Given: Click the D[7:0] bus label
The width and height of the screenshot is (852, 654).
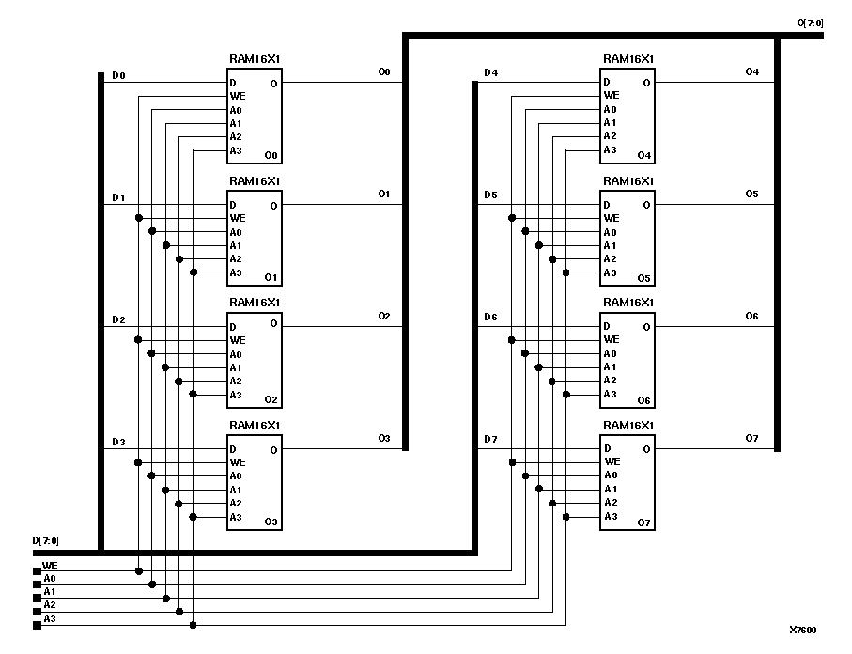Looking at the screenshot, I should (45, 540).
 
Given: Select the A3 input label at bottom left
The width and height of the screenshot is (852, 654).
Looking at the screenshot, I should (50, 618).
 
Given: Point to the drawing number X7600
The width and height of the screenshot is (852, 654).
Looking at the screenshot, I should (804, 631).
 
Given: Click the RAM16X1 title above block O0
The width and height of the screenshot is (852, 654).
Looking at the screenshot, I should (255, 58).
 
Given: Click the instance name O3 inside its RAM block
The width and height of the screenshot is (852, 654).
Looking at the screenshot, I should (271, 522).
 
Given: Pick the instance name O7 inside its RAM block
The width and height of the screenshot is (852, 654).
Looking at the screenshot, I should (643, 522).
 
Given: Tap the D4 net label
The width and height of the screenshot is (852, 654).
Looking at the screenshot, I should (490, 72).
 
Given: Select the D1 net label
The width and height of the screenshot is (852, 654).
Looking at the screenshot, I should (118, 197).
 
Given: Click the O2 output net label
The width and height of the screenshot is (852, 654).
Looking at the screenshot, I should (383, 317).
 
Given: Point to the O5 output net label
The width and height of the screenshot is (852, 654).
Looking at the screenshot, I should (751, 194).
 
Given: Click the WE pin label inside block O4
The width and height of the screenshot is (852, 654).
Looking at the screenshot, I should (612, 95).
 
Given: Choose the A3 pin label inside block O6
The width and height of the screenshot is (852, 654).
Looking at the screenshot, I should (611, 394).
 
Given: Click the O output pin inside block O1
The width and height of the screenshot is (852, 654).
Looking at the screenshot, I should (273, 205).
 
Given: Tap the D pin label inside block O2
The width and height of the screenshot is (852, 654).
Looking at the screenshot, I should (232, 326).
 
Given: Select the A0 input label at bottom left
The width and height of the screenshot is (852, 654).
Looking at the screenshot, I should (50, 579).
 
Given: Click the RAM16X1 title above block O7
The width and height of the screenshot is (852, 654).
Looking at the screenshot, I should (628, 425).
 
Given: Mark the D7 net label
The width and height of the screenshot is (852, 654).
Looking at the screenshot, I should (490, 440).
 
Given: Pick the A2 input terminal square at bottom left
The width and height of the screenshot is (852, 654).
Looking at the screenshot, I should (38, 611).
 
